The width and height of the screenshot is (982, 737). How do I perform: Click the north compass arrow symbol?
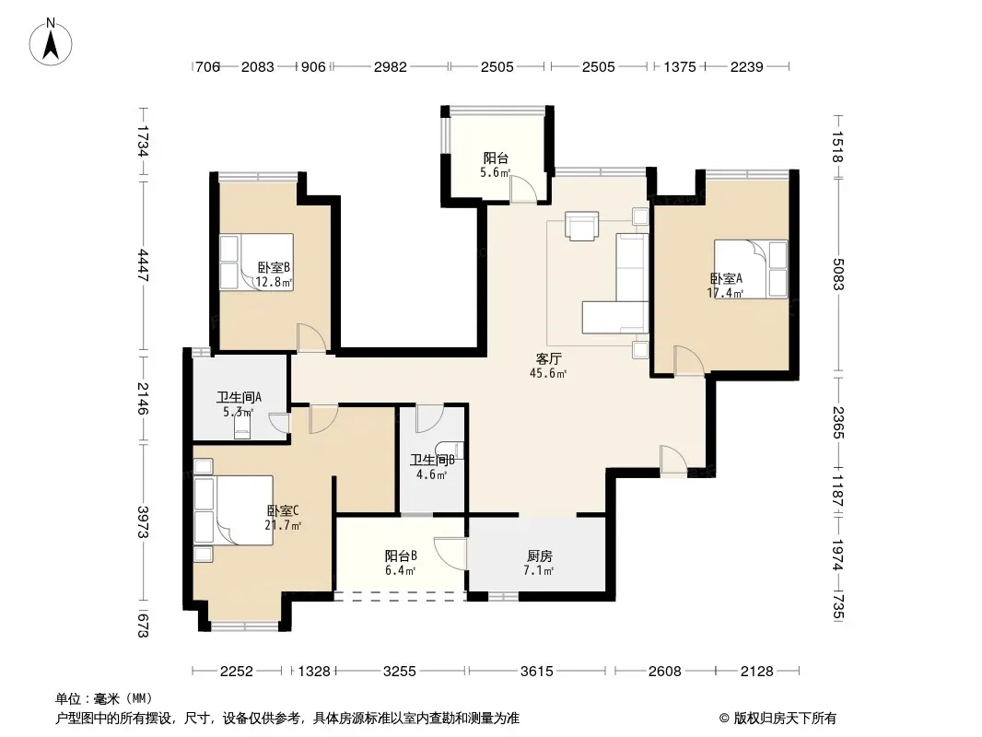tap(51, 41)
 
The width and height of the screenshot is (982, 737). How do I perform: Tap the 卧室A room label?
tap(726, 278)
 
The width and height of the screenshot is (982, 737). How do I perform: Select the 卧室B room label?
tap(275, 267)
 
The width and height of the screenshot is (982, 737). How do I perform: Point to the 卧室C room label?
tap(283, 510)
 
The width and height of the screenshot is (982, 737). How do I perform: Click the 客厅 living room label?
tap(549, 358)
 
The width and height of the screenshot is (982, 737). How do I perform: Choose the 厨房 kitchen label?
tap(539, 556)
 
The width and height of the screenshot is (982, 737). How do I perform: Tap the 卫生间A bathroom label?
tap(239, 397)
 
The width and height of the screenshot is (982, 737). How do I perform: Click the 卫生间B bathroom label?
tap(432, 461)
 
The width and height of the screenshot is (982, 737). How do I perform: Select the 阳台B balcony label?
tap(401, 556)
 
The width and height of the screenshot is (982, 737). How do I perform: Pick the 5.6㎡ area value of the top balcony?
tap(496, 173)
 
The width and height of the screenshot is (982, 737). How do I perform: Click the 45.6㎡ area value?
tap(549, 374)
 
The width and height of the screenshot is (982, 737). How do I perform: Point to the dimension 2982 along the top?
tap(391, 66)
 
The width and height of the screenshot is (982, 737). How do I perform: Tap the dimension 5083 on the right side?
tap(838, 275)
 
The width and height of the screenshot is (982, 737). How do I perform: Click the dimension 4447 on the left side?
tap(144, 265)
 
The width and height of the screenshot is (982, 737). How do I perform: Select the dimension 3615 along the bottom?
tap(537, 672)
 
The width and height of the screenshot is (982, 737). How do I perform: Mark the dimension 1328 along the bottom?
tap(314, 672)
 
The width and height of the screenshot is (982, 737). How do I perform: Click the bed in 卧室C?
tap(234, 509)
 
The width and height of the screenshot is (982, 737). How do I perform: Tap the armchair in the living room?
tap(582, 226)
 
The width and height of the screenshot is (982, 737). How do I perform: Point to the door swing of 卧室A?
tap(689, 361)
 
